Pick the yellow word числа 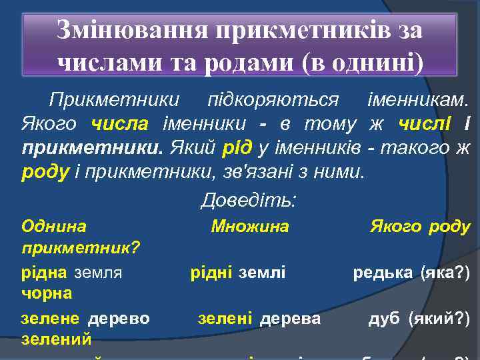click(x=116, y=124)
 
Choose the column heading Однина click(x=53, y=227)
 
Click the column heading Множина click(x=250, y=227)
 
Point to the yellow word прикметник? click(x=81, y=249)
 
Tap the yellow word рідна click(x=44, y=272)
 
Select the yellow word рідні click(x=211, y=272)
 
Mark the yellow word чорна click(x=47, y=293)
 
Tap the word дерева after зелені click(x=290, y=319)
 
